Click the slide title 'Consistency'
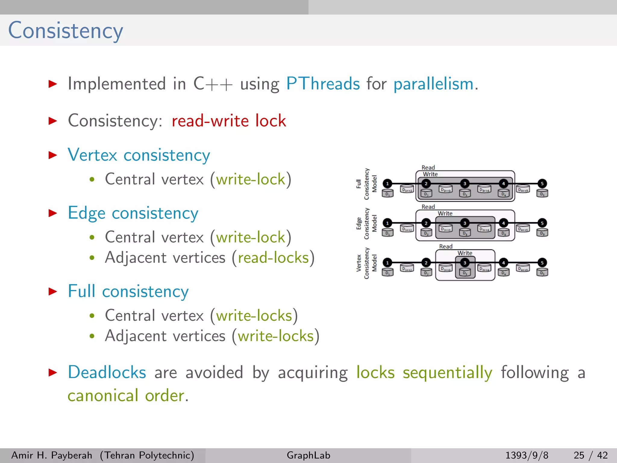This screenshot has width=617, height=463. coord(65,31)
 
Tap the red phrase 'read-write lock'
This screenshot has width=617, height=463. coord(229,121)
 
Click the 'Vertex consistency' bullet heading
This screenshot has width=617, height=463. coord(139,155)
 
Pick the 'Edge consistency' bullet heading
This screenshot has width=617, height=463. coord(133,213)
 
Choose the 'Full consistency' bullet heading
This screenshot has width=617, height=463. coord(128,291)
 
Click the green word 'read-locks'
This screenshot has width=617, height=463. coord(273,258)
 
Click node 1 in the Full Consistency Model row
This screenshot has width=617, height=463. coord(387,183)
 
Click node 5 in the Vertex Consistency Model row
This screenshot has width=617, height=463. coord(542,263)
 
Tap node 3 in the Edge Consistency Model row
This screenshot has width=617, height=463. coord(465,223)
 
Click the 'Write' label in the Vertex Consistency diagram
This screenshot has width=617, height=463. coord(465,253)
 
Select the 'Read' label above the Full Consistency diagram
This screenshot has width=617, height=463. coord(428,167)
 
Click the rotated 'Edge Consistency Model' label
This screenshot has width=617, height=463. coord(366,223)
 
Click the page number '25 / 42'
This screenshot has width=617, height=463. coord(590,455)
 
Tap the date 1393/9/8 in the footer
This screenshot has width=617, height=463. coord(527,455)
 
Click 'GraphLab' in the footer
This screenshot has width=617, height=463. coord(308,455)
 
